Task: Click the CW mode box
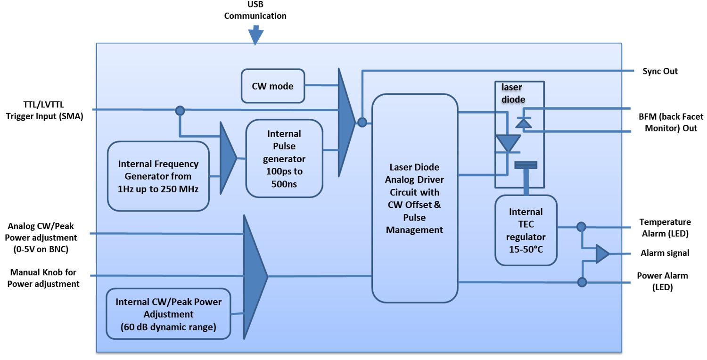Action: click(x=273, y=86)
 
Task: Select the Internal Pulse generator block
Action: click(x=284, y=158)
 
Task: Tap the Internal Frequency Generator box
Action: click(x=158, y=176)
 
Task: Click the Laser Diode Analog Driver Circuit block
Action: click(x=414, y=198)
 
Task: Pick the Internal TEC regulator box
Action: click(x=526, y=230)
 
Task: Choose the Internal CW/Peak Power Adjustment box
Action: click(x=168, y=314)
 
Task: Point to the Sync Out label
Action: click(x=660, y=71)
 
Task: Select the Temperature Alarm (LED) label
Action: click(x=665, y=228)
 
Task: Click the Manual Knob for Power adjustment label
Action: click(x=43, y=278)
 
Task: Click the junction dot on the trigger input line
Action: click(x=180, y=111)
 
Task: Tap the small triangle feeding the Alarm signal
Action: click(x=602, y=254)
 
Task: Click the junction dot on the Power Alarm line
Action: click(x=582, y=282)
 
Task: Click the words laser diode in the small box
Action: click(x=513, y=93)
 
